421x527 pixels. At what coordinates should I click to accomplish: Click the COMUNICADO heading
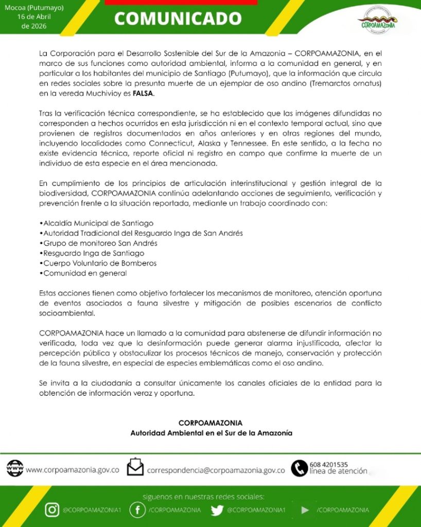click(178, 19)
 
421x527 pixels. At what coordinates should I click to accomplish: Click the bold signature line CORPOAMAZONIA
click(210, 423)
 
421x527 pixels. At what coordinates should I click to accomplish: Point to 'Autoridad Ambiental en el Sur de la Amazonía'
click(211, 433)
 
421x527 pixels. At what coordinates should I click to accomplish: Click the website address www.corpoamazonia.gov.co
click(73, 470)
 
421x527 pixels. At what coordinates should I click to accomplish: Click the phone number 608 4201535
click(329, 464)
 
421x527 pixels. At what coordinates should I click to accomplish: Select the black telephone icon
click(299, 468)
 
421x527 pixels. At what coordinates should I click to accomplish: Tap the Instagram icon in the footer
click(52, 510)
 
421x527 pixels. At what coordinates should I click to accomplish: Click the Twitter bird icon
click(217, 510)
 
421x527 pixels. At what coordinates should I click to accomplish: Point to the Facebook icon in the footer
click(137, 510)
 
